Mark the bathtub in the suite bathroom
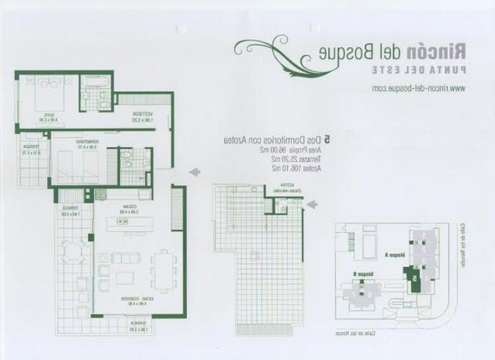[x=95, y=82]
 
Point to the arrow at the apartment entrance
[x=195, y=171]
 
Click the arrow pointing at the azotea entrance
[x=313, y=204]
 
